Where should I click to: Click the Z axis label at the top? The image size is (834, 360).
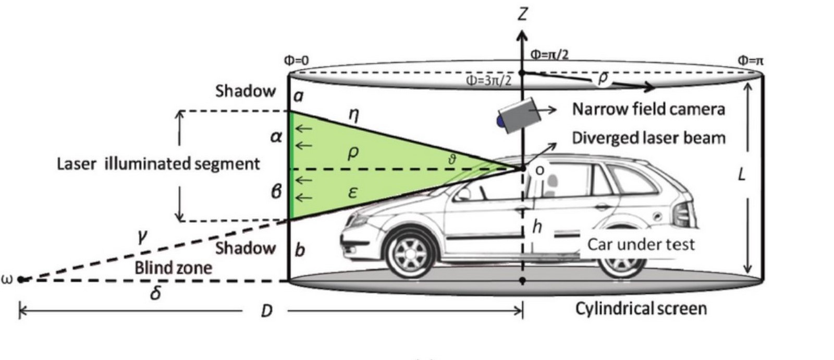coord(523,14)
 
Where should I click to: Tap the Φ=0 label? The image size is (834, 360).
coord(297,60)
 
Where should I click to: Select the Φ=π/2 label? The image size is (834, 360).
coord(549,55)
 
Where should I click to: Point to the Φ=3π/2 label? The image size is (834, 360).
coord(489,80)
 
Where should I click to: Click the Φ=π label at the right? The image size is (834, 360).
coord(751,60)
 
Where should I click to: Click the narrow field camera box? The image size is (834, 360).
coord(519,115)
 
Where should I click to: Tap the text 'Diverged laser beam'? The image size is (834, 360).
coord(648,138)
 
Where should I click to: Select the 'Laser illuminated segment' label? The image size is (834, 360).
coord(158,164)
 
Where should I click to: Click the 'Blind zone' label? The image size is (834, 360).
coord(173,268)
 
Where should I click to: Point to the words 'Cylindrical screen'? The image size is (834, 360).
coord(641,308)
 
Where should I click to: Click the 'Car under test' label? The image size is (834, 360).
coord(641,244)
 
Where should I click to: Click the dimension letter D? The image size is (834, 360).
coord(266,311)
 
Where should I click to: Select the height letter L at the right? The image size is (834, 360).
coord(742,174)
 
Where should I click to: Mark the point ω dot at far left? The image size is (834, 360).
coord(21,279)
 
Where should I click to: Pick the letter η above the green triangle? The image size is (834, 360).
coord(354,115)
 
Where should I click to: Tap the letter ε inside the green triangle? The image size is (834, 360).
coord(353,193)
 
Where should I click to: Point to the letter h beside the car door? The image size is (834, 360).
coord(536,226)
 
